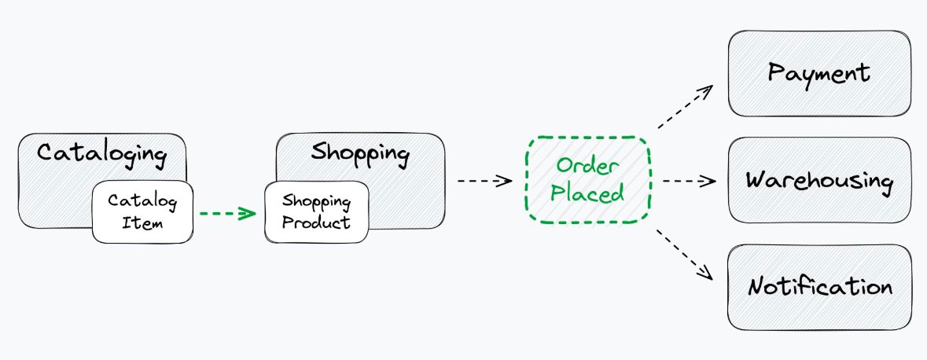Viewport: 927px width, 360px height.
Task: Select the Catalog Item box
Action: pos(142,211)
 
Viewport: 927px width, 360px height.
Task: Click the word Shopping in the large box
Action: pos(360,152)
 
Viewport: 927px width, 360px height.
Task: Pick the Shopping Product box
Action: pos(316,211)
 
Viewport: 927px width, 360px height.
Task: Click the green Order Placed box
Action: pos(587,179)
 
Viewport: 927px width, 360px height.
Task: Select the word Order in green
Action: pos(588,166)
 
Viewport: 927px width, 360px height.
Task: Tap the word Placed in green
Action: pos(587,193)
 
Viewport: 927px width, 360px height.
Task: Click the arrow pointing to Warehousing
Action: pos(689,181)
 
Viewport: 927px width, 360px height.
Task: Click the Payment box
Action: pos(819,73)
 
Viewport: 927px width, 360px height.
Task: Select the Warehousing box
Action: pos(819,181)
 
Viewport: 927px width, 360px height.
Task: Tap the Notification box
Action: pos(819,287)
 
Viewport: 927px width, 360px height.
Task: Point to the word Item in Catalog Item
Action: pos(142,223)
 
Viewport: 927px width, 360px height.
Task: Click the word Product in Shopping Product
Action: pos(316,222)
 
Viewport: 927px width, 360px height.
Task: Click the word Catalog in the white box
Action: pos(142,200)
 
